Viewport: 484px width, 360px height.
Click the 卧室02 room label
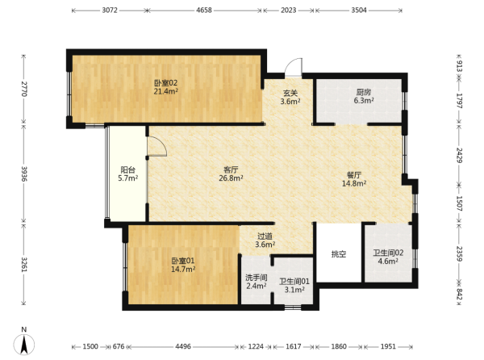point(165,83)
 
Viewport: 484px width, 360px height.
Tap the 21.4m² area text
point(166,91)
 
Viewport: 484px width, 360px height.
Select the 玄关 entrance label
point(290,93)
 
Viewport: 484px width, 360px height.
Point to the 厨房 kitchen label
point(364,92)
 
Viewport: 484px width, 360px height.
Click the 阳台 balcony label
point(127,170)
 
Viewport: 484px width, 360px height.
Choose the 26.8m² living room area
point(231,178)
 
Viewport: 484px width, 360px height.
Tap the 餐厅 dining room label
point(354,175)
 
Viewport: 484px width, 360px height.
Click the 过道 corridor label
point(265,237)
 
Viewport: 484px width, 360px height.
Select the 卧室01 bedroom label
point(183,261)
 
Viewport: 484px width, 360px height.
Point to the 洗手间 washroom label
point(257,278)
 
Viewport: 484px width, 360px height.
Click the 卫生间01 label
point(294,282)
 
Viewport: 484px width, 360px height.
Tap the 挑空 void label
point(339,254)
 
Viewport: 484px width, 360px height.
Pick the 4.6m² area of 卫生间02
point(388,262)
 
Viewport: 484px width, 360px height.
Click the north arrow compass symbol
point(23,344)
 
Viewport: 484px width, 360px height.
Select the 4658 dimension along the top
point(204,10)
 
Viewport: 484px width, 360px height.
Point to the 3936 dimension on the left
point(24,174)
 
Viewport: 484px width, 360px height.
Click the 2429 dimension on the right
point(460,156)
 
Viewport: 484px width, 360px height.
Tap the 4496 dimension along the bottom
point(183,346)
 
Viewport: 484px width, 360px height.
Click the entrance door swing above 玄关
point(294,67)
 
